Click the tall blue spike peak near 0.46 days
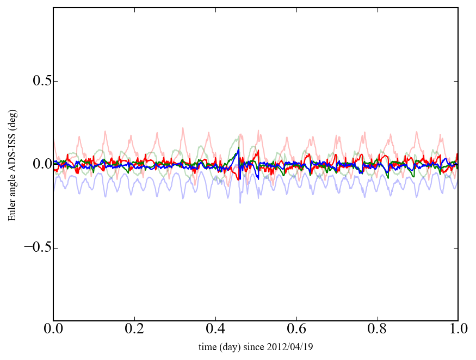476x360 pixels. (x=238, y=148)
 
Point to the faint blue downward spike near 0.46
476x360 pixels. (x=240, y=202)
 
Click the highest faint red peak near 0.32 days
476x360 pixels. (x=183, y=128)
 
